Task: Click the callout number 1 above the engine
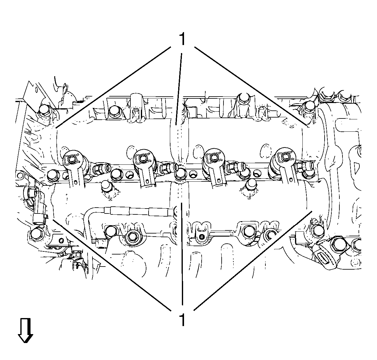182,39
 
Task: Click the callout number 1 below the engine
182,320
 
